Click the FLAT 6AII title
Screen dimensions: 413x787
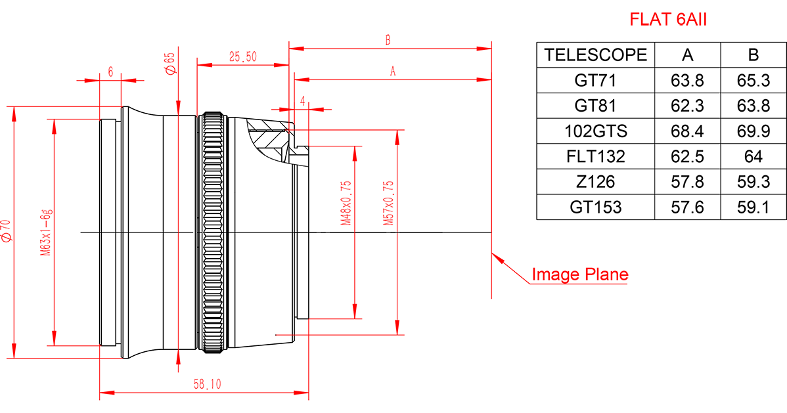pos(668,20)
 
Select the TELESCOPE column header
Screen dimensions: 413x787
pos(596,55)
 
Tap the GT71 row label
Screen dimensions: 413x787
pos(596,81)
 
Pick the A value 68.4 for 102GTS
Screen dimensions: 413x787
pos(687,131)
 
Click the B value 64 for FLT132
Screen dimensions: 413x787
pos(753,157)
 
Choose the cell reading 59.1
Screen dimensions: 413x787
pos(753,207)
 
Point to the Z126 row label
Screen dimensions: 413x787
pos(596,182)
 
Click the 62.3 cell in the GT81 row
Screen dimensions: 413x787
pos(687,106)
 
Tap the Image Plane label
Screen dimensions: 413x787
pos(579,274)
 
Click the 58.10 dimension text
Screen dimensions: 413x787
pos(207,385)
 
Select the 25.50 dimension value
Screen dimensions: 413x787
pos(242,57)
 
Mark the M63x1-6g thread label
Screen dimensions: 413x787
pos(45,233)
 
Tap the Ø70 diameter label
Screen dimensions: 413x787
pos(7,232)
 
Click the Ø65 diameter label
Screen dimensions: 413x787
pos(169,65)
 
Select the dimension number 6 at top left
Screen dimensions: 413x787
pos(110,73)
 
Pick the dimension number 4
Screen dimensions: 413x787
pos(302,100)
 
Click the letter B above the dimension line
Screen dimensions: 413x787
pos(388,40)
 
